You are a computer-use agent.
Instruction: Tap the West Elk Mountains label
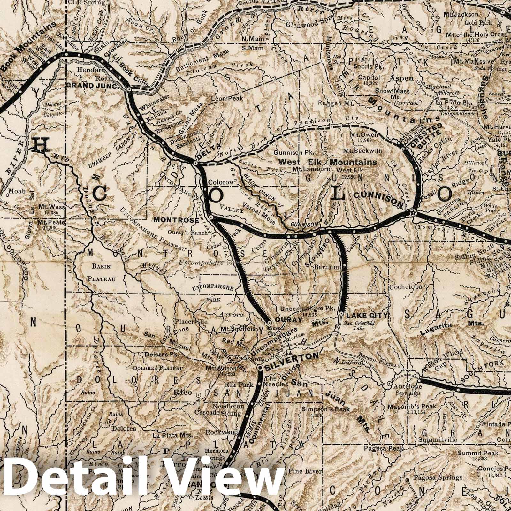328,162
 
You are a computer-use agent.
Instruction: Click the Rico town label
187,392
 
